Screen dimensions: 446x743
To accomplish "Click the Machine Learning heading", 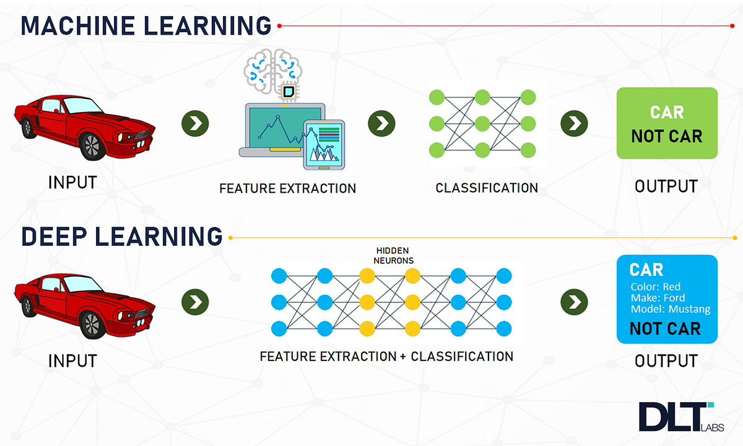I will [x=146, y=26].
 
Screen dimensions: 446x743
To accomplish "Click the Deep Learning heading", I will [x=122, y=237].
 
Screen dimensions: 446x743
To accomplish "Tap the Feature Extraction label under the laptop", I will [x=287, y=188].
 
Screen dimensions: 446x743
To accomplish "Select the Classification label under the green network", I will [x=487, y=187].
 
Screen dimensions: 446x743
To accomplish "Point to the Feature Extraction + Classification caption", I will [x=386, y=357].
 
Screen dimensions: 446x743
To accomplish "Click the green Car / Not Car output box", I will [x=667, y=123].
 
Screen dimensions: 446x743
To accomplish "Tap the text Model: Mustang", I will [x=671, y=309].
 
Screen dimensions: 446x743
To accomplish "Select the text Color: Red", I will [x=655, y=287].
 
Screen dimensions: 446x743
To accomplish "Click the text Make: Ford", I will [x=658, y=298].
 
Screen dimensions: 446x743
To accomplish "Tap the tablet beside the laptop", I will [x=324, y=144].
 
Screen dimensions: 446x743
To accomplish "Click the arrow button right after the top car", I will [x=195, y=123].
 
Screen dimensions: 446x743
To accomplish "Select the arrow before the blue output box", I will [x=574, y=302].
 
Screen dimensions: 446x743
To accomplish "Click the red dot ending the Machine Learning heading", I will [x=280, y=26].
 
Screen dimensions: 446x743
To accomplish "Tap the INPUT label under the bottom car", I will [x=72, y=361].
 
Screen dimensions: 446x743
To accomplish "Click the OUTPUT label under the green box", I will [x=666, y=186].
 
